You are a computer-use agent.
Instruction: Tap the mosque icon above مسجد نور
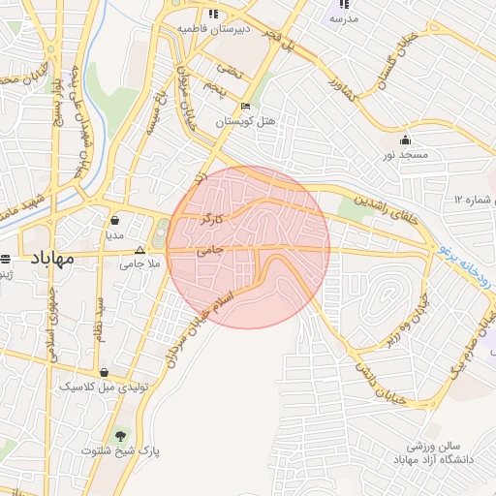pos(417,139)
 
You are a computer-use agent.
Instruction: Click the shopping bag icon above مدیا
pos(115,220)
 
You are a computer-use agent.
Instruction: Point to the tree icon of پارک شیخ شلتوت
pos(120,436)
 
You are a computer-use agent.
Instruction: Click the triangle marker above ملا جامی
pos(139,249)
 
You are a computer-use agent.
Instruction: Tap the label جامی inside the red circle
pos(210,249)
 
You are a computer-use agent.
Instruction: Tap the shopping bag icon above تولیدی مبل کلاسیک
pos(104,373)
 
